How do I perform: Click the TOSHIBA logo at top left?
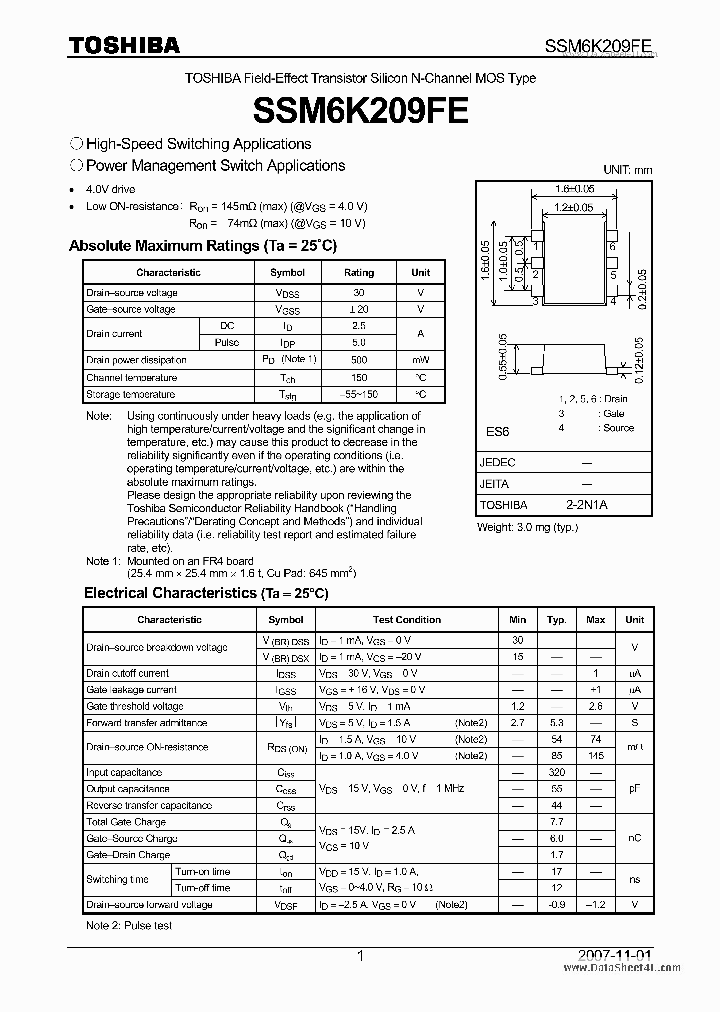[x=124, y=44]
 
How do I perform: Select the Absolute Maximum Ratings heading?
[x=203, y=245]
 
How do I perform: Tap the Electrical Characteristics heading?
[x=206, y=593]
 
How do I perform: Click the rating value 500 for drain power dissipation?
[x=359, y=359]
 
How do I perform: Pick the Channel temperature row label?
[x=132, y=377]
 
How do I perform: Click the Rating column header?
[x=359, y=272]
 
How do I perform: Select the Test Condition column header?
[x=406, y=620]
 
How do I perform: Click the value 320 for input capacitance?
[x=557, y=773]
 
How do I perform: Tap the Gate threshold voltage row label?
[x=135, y=706]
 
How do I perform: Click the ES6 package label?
[x=498, y=432]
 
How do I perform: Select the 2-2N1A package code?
[x=586, y=505]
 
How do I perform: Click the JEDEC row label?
[x=498, y=463]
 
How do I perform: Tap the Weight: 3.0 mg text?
[x=527, y=527]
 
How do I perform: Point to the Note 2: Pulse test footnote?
[x=129, y=925]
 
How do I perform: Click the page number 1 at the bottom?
[x=360, y=956]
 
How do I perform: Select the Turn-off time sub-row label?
[x=202, y=888]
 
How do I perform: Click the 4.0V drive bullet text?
[x=111, y=189]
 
